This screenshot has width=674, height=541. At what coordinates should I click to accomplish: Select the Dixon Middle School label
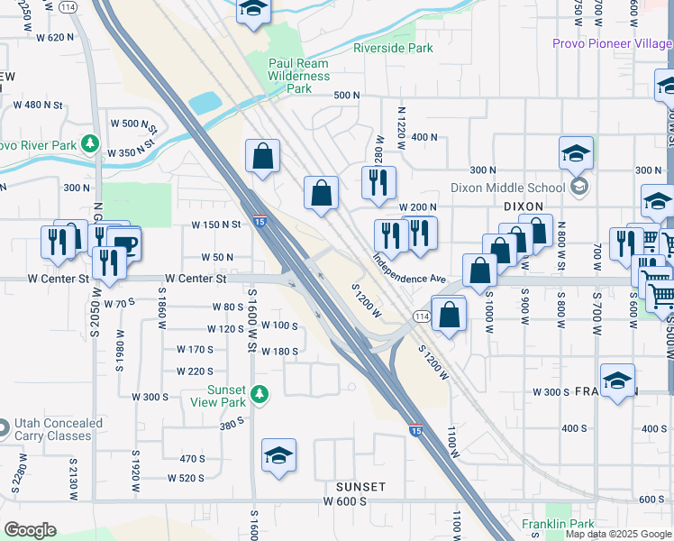coord(507,188)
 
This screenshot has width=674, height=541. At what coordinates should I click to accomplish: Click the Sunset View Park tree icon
coord(260,393)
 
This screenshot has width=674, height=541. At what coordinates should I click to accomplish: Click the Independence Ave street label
coord(410,267)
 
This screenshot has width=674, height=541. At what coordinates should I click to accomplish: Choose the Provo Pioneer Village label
coord(612,43)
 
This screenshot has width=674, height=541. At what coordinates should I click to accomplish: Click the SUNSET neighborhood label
coord(360,487)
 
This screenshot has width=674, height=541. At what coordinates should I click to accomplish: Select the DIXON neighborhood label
coord(524,206)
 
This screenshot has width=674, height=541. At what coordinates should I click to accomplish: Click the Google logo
coord(30,529)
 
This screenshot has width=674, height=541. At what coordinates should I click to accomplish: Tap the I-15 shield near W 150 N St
coord(260,221)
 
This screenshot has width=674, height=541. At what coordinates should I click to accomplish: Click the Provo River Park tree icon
coord(89,143)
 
